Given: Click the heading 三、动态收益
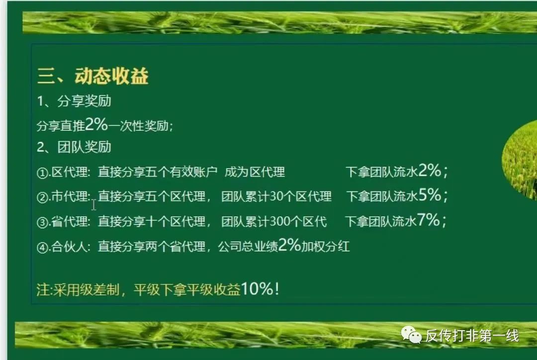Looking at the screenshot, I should (x=92, y=77).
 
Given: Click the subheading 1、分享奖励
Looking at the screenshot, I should (x=74, y=101).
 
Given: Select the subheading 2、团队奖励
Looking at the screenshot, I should (x=74, y=147).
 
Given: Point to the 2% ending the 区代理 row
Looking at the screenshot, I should (x=430, y=171).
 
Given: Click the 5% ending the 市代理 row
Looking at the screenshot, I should (x=430, y=195).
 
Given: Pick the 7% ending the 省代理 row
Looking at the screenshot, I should (x=428, y=220).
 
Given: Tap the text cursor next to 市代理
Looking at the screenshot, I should (x=93, y=204).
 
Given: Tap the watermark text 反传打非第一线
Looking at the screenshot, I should (x=472, y=336).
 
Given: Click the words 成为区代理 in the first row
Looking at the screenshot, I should (x=255, y=173).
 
